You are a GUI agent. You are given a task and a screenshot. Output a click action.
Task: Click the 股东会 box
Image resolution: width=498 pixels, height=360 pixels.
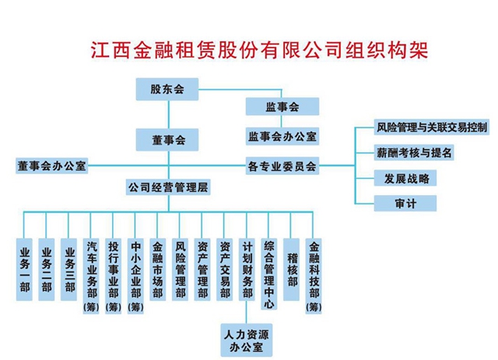pyautogui.click(x=167, y=89)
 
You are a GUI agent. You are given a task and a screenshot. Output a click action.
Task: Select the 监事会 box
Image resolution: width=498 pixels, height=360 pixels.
pyautogui.click(x=282, y=107)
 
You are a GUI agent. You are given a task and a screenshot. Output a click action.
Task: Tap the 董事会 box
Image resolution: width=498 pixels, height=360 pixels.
pyautogui.click(x=167, y=140)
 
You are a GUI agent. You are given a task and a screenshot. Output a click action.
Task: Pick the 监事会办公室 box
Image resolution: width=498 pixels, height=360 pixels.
pyautogui.click(x=282, y=137)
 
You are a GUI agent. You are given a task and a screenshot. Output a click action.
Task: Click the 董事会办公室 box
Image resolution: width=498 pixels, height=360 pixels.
pyautogui.click(x=52, y=166)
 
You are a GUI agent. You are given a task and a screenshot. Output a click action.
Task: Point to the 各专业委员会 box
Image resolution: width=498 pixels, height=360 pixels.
pyautogui.click(x=282, y=166)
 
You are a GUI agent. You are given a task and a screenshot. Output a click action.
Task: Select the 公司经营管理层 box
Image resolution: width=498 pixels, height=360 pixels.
pyautogui.click(x=168, y=187)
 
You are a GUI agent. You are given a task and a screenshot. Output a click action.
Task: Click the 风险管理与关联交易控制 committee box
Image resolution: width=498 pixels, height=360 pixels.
pyautogui.click(x=432, y=128)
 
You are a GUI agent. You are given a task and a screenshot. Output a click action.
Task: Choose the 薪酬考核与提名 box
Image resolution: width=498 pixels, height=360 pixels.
pyautogui.click(x=414, y=152)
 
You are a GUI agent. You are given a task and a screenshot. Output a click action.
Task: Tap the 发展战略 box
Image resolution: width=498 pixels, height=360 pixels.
pyautogui.click(x=405, y=178)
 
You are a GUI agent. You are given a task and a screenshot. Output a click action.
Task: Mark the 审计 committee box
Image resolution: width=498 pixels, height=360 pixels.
pyautogui.click(x=405, y=204)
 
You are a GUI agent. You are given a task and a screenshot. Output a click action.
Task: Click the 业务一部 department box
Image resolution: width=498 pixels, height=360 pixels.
pyautogui.click(x=24, y=270)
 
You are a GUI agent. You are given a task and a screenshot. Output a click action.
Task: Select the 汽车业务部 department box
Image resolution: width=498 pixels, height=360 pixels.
pyautogui.click(x=91, y=276)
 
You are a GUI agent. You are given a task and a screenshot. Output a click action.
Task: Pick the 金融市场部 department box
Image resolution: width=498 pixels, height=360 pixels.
pyautogui.click(x=158, y=270)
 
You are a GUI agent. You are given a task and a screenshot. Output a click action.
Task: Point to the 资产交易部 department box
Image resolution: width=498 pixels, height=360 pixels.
pyautogui.click(x=225, y=270)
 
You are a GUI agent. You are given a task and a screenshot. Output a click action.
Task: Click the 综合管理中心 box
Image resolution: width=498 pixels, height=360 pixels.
pyautogui.click(x=269, y=274)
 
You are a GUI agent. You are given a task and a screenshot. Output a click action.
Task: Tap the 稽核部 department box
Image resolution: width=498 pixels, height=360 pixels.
pyautogui.click(x=291, y=270)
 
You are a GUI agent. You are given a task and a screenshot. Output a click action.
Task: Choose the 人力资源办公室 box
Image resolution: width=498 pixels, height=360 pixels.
pyautogui.click(x=247, y=341)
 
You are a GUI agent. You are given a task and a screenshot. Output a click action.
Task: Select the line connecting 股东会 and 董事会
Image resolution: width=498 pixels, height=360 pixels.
pyautogui.click(x=169, y=114)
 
